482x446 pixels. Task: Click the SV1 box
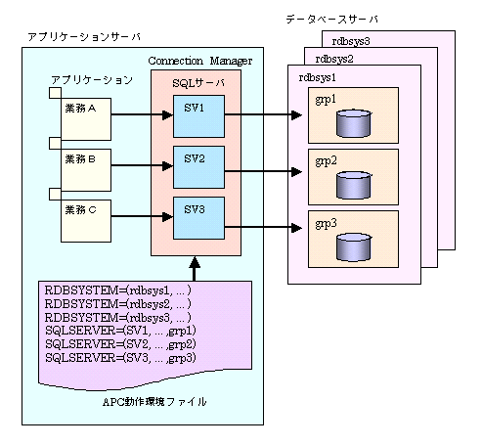click(x=198, y=116)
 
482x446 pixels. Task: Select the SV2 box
click(x=198, y=167)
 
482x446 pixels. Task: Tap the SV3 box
click(x=198, y=218)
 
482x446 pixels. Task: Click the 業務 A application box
click(x=86, y=119)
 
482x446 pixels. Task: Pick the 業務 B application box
click(x=86, y=170)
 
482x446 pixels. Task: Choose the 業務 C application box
click(x=86, y=221)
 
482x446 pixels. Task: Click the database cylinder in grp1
click(x=354, y=123)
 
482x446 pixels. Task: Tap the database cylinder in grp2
click(x=354, y=185)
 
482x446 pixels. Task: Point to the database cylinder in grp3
click(x=354, y=247)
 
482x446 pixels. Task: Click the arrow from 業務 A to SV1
click(x=142, y=114)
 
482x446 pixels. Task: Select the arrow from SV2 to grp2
click(x=263, y=171)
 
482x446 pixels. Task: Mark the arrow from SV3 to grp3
click(x=263, y=227)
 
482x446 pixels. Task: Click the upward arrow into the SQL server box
click(x=195, y=269)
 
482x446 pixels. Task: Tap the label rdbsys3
click(x=351, y=41)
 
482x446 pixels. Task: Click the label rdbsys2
click(x=334, y=59)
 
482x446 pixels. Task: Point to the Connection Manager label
click(x=200, y=61)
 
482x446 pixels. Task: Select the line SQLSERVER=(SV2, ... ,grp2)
click(x=120, y=344)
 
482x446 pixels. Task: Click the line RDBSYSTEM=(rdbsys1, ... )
click(x=117, y=290)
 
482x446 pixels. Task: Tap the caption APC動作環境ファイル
click(x=154, y=402)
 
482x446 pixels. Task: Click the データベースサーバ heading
click(x=332, y=20)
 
